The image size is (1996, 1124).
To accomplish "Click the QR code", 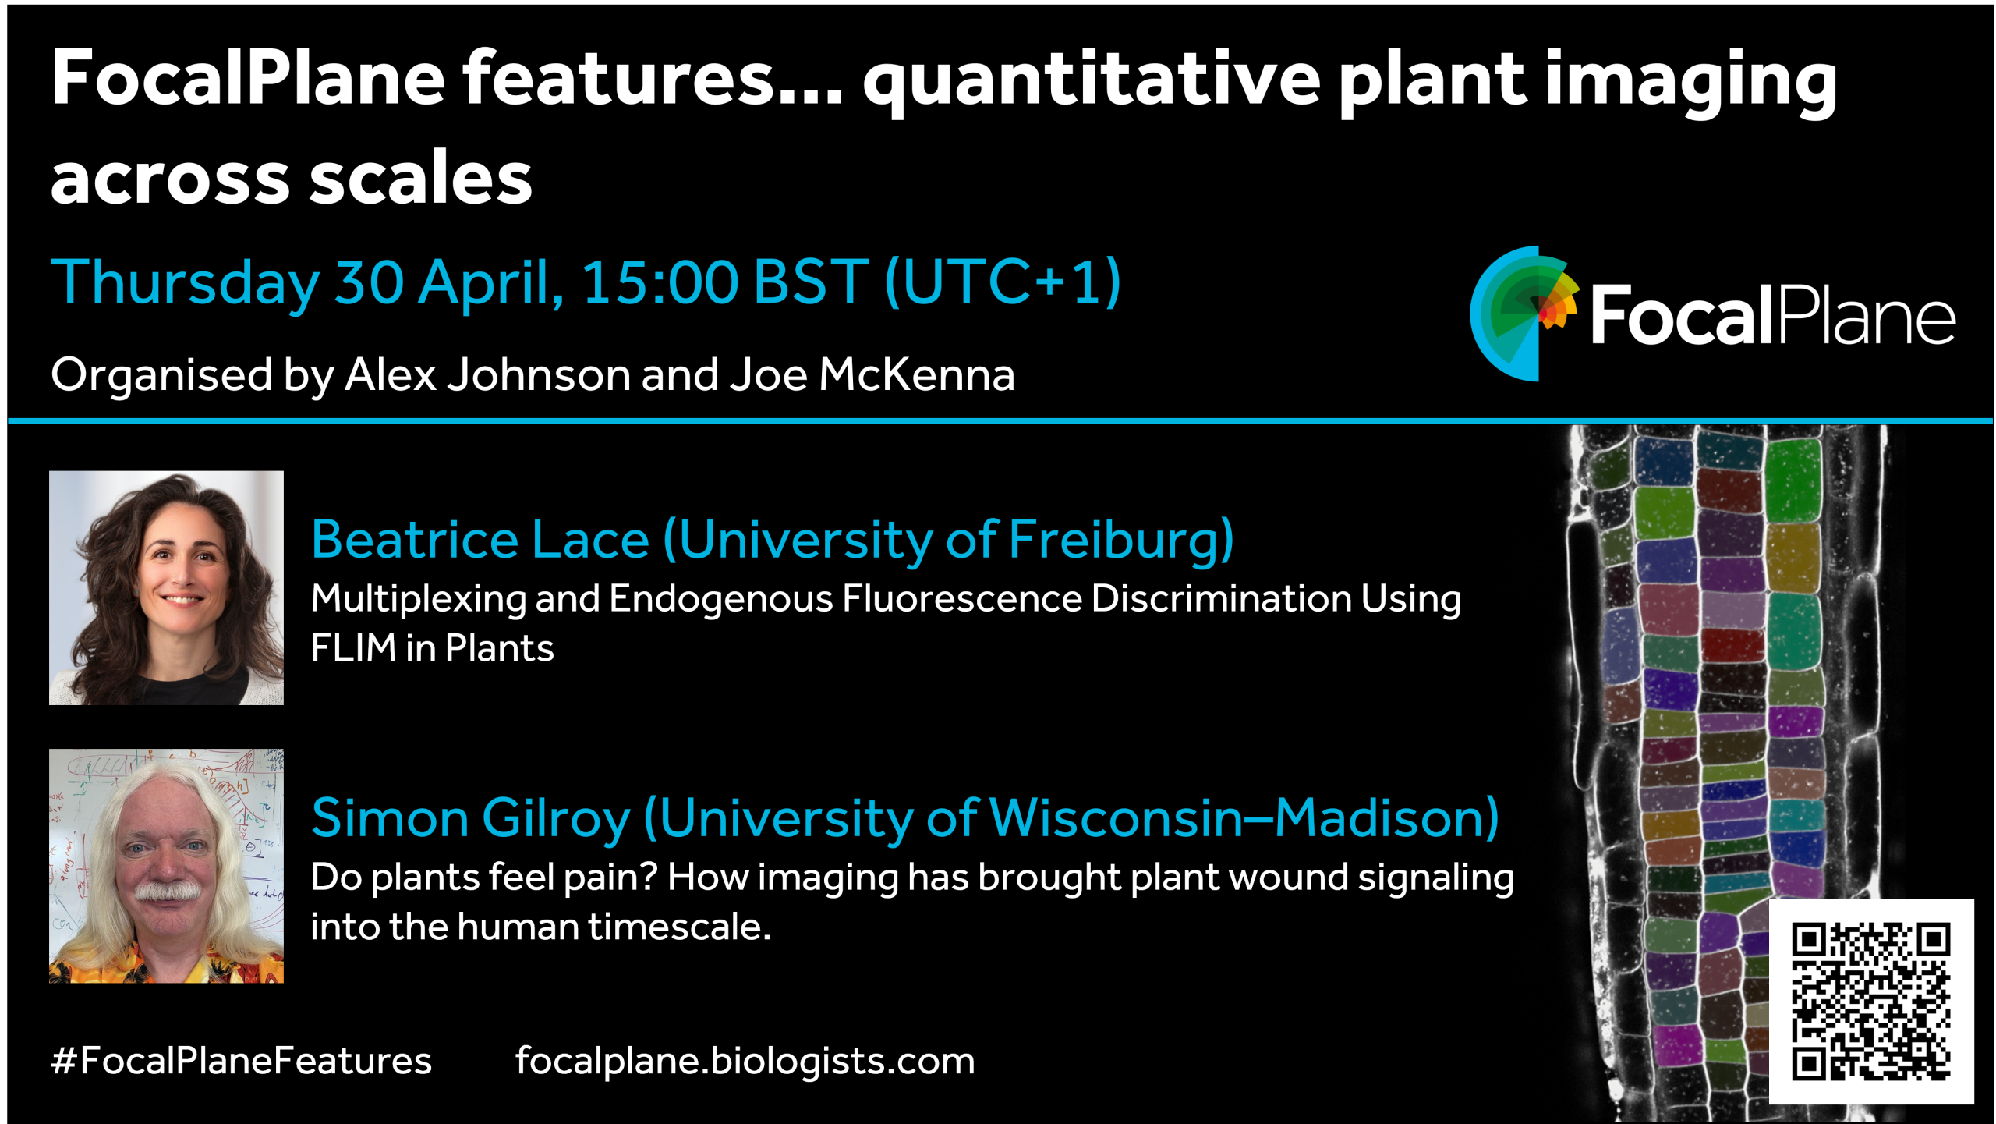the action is (1870, 1002).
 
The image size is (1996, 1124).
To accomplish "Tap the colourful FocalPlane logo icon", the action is (1524, 314).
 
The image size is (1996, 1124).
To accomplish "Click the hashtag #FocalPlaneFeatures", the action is (241, 1061).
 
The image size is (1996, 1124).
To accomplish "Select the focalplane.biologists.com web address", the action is (745, 1062).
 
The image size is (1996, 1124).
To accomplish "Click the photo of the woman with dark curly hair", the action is (166, 587).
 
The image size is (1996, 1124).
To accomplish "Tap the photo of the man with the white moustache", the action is (166, 866).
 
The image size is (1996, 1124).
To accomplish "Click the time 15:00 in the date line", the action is (660, 282).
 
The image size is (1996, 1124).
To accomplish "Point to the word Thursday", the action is (186, 283).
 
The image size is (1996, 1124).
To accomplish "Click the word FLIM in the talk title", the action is (353, 648).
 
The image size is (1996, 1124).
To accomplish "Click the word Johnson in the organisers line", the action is (539, 375).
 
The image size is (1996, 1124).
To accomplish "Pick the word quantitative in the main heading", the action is (1091, 80).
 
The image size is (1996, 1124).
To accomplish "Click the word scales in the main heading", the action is (421, 179).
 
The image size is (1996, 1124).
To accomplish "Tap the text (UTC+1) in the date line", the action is (1003, 282).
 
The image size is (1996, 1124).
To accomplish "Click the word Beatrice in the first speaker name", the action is (415, 540).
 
